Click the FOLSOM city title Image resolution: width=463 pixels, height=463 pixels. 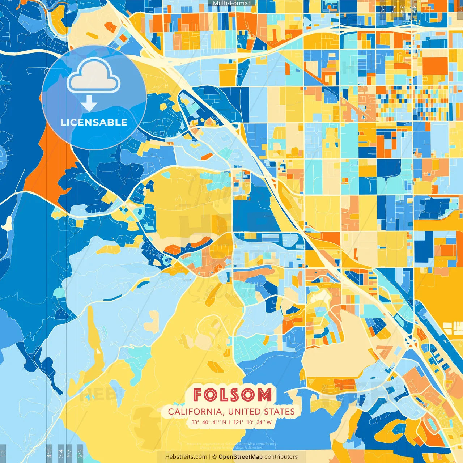[x=232, y=395]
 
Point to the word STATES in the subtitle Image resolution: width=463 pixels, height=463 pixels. [x=279, y=412]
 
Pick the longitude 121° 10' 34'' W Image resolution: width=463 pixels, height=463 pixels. [x=252, y=422]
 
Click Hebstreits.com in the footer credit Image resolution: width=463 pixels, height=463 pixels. [x=186, y=457]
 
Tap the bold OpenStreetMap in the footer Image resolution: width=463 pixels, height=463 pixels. [x=241, y=457]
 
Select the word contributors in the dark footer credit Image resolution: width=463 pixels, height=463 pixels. [x=281, y=457]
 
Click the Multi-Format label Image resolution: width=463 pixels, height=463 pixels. [x=231, y=3]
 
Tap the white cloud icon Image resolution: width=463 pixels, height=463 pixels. [x=94, y=76]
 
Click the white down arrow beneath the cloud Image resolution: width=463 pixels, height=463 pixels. [x=89, y=104]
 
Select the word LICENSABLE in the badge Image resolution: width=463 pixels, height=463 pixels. [x=94, y=122]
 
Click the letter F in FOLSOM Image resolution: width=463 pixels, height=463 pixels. [x=198, y=395]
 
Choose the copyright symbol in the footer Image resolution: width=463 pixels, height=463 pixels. [x=214, y=457]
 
